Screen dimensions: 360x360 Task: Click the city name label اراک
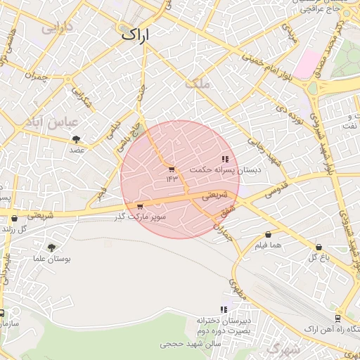pos(136,34)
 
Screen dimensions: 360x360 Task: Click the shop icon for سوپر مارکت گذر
pos(140,207)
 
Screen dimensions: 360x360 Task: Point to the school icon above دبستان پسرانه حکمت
pos(225,160)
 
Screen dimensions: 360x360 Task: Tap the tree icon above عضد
pos(76,139)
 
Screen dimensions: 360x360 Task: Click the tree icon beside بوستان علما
pos(51,247)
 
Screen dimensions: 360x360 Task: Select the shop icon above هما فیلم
pos(268,235)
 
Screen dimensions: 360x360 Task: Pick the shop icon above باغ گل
pos(319,247)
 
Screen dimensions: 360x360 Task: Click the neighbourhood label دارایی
pos(57,29)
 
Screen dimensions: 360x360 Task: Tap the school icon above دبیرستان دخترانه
pos(224,309)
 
